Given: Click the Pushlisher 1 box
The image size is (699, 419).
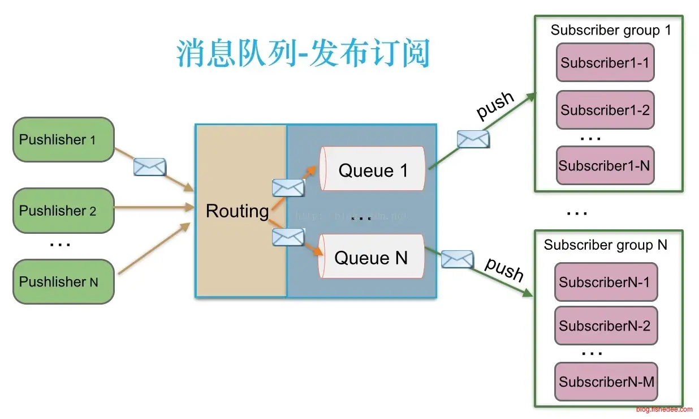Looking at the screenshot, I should tap(63, 140).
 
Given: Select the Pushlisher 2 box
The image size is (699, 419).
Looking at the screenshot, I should tap(63, 211).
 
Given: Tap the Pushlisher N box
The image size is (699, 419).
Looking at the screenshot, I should tap(63, 281).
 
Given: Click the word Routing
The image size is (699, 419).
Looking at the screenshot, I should tap(237, 211).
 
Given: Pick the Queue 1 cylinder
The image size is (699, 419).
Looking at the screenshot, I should tap(372, 169).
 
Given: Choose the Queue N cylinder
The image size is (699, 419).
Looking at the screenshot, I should tap(371, 257).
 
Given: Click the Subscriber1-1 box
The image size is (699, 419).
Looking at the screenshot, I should tap(605, 63).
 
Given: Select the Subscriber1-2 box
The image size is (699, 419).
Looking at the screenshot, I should tap(605, 110).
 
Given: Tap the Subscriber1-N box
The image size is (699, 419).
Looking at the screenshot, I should tap(605, 165).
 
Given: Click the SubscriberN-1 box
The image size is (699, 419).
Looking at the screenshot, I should tap(605, 281).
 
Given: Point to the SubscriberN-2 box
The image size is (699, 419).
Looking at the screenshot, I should tap(605, 326).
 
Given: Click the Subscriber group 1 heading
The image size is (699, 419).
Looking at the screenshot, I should tap(611, 30).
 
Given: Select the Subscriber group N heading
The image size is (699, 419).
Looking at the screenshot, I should tap(605, 245).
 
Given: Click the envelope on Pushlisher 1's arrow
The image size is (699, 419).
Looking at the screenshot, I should tap(150, 167).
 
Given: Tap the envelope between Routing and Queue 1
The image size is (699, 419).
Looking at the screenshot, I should tap(288, 187).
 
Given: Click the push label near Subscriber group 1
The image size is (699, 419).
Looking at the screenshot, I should tap(495, 105).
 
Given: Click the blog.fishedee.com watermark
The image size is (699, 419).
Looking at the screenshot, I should tap(663, 409).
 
